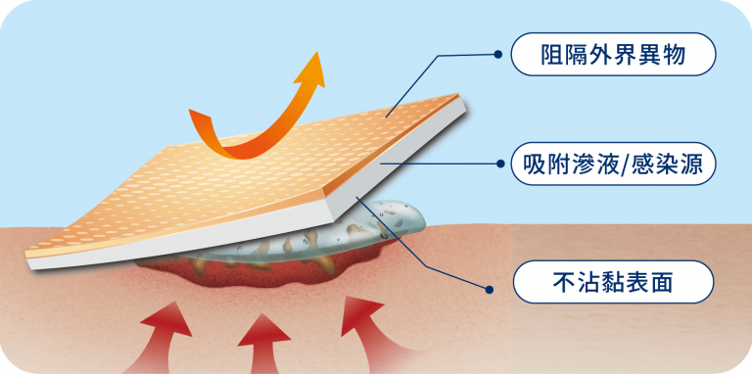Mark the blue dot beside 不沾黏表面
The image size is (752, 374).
[487, 287]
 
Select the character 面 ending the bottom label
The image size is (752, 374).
[658, 284]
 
